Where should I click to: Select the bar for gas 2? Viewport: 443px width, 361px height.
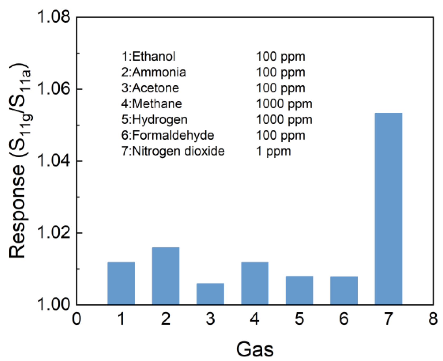[x=166, y=276]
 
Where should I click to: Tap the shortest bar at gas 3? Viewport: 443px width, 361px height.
[x=210, y=294]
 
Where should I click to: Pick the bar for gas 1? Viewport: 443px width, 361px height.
[x=121, y=283]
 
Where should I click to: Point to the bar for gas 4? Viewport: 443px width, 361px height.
[x=255, y=283]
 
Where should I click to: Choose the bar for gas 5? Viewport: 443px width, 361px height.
[x=299, y=290]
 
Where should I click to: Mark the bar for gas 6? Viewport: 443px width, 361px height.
[x=344, y=290]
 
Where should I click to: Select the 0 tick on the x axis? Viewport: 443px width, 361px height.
[x=77, y=319]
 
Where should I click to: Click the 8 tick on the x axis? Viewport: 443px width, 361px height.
[x=433, y=319]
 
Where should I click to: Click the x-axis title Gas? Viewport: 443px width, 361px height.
[x=254, y=349]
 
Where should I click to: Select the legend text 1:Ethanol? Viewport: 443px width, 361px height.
[x=148, y=56]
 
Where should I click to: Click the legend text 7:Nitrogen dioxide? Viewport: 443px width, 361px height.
[x=173, y=151]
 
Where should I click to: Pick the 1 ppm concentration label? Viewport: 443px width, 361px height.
[x=273, y=152]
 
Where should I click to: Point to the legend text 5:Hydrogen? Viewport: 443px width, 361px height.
[x=154, y=120]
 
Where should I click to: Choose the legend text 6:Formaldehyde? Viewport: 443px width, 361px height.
[x=168, y=135]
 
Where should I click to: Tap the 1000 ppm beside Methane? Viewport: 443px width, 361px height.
[x=284, y=104]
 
